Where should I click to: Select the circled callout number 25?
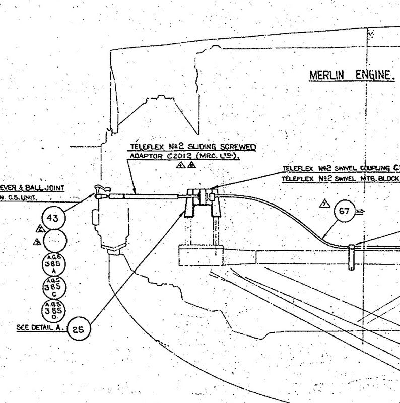pyautogui.click(x=79, y=329)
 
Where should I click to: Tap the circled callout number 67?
pyautogui.click(x=345, y=211)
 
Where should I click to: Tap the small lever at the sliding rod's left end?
pyautogui.click(x=99, y=190)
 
